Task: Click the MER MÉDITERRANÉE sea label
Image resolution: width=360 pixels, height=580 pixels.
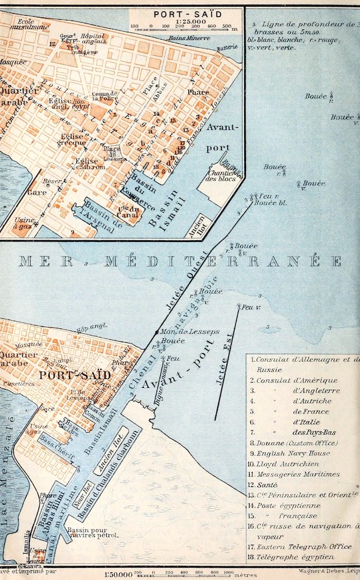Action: [180, 261]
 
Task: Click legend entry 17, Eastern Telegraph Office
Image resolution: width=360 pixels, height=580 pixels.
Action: [296, 548]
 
